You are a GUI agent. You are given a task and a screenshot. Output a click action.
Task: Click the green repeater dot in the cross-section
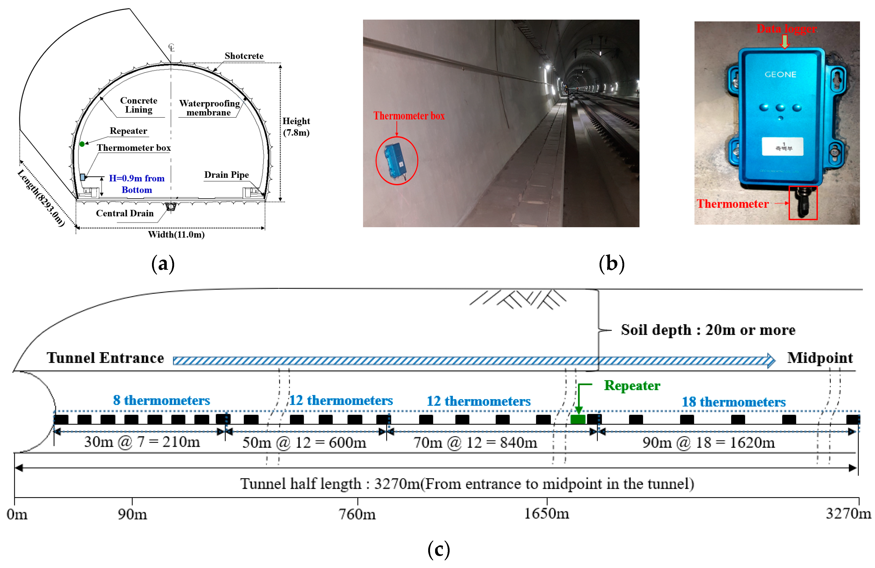point(82,144)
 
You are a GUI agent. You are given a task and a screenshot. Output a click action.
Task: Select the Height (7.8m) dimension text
point(296,127)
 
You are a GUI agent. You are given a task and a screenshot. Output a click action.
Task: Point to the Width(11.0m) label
point(176,234)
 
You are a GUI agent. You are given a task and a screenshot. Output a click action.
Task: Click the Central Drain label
point(125,213)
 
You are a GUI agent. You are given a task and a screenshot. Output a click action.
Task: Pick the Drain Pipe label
point(227,175)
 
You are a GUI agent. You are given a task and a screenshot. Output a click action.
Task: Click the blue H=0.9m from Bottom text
point(137,184)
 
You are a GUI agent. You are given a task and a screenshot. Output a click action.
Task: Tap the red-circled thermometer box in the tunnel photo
point(396,161)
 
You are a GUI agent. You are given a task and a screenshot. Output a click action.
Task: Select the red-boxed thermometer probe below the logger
point(803,203)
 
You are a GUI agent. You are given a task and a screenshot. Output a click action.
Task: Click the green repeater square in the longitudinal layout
point(578,419)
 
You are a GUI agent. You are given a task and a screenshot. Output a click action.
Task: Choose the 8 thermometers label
point(161,400)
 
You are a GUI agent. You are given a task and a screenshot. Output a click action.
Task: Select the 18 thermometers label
point(733,402)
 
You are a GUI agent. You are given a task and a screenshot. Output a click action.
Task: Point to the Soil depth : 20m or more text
point(708,330)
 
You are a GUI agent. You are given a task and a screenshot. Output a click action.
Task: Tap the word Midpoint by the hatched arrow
point(820,358)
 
